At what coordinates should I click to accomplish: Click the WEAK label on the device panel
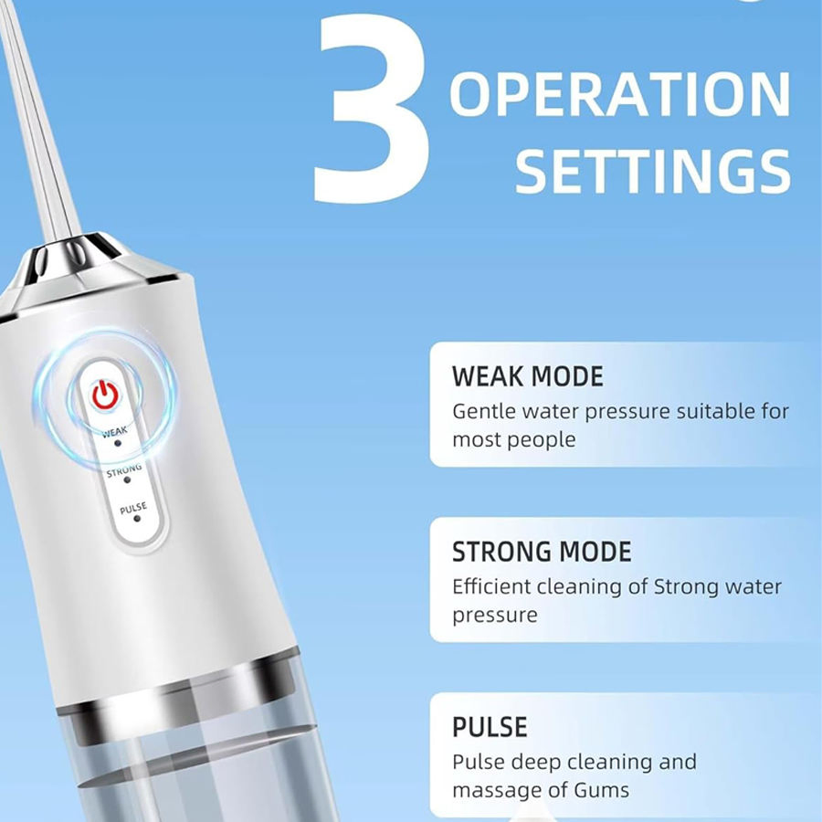[x=115, y=430]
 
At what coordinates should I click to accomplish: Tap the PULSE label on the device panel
[x=132, y=508]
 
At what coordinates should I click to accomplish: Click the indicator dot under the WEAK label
[x=118, y=441]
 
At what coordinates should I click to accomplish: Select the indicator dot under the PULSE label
[x=137, y=518]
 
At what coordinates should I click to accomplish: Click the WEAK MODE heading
[x=528, y=376]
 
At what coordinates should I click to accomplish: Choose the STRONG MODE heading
[x=542, y=552]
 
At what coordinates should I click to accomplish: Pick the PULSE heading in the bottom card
[x=490, y=727]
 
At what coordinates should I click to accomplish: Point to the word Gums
[x=600, y=789]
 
